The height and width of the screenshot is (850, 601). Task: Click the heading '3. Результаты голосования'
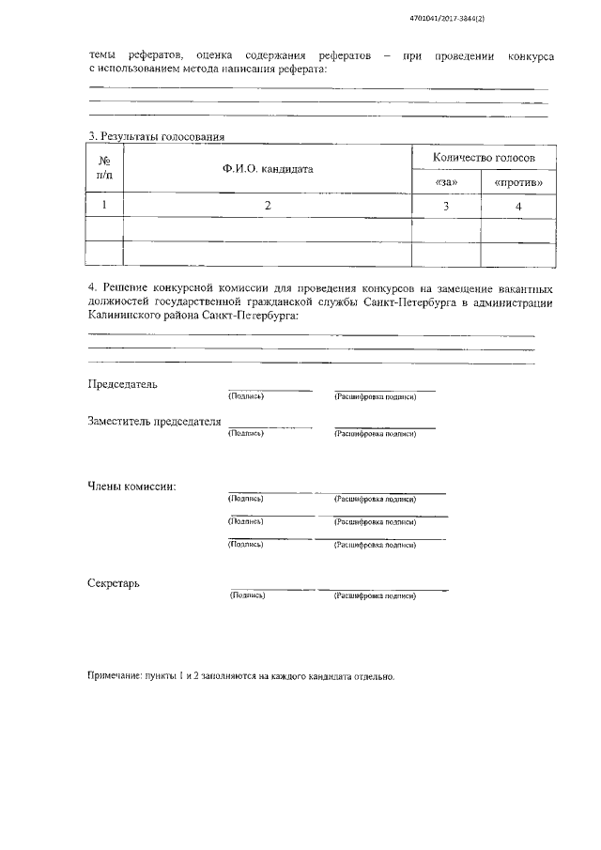tap(156, 137)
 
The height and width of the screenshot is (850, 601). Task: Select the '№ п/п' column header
tap(104, 168)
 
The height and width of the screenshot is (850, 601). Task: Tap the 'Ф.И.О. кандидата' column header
tap(268, 169)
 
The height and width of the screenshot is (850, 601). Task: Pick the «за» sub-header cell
tap(446, 180)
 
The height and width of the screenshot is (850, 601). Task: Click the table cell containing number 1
tap(104, 205)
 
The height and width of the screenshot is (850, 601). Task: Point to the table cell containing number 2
tap(268, 205)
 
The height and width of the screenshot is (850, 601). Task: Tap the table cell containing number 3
tap(446, 205)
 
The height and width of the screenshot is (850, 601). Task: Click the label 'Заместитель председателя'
tap(154, 422)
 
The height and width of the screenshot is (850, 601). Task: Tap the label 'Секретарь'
tap(114, 582)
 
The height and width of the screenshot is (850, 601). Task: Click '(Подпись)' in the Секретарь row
tap(247, 595)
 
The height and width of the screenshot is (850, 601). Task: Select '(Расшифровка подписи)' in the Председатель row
tap(375, 397)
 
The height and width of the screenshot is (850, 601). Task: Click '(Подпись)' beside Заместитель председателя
tap(245, 434)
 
